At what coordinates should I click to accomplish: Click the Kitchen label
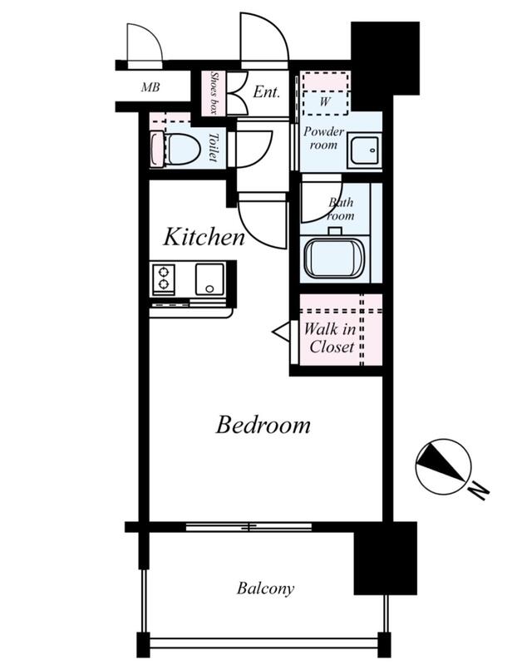point(204,237)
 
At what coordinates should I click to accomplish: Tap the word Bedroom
point(263,425)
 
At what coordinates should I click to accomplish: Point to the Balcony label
point(265,589)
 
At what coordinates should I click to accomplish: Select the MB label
point(150,87)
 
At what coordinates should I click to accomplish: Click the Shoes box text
point(214,93)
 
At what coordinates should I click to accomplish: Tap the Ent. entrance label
point(266,91)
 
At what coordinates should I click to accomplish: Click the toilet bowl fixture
point(175,150)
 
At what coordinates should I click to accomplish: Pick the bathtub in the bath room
point(335,259)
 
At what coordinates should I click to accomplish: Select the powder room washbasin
point(364,151)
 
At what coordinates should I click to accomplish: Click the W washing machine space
point(326,93)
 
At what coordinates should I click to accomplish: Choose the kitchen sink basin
point(209,279)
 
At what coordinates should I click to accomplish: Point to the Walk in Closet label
point(330,338)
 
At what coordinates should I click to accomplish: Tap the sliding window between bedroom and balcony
point(249,527)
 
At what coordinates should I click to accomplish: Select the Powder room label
point(323,138)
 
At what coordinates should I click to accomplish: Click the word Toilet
point(213,147)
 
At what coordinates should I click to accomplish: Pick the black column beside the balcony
point(385,558)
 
